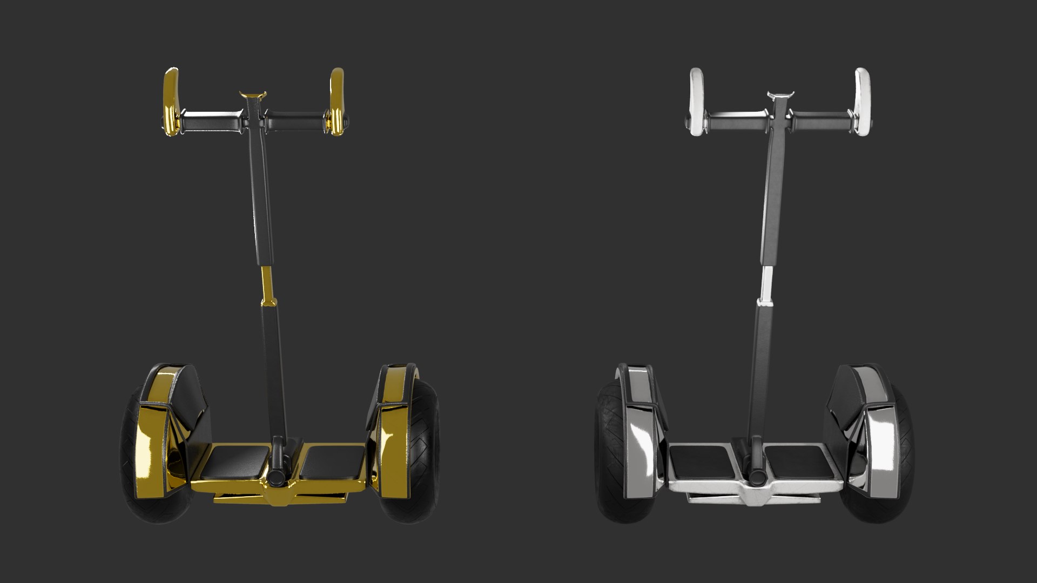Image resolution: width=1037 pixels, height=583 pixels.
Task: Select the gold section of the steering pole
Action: coord(266,283)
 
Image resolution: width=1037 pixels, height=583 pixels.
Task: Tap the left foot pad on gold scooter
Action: coord(238,462)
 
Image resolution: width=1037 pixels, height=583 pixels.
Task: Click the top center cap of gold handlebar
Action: coord(253,96)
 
